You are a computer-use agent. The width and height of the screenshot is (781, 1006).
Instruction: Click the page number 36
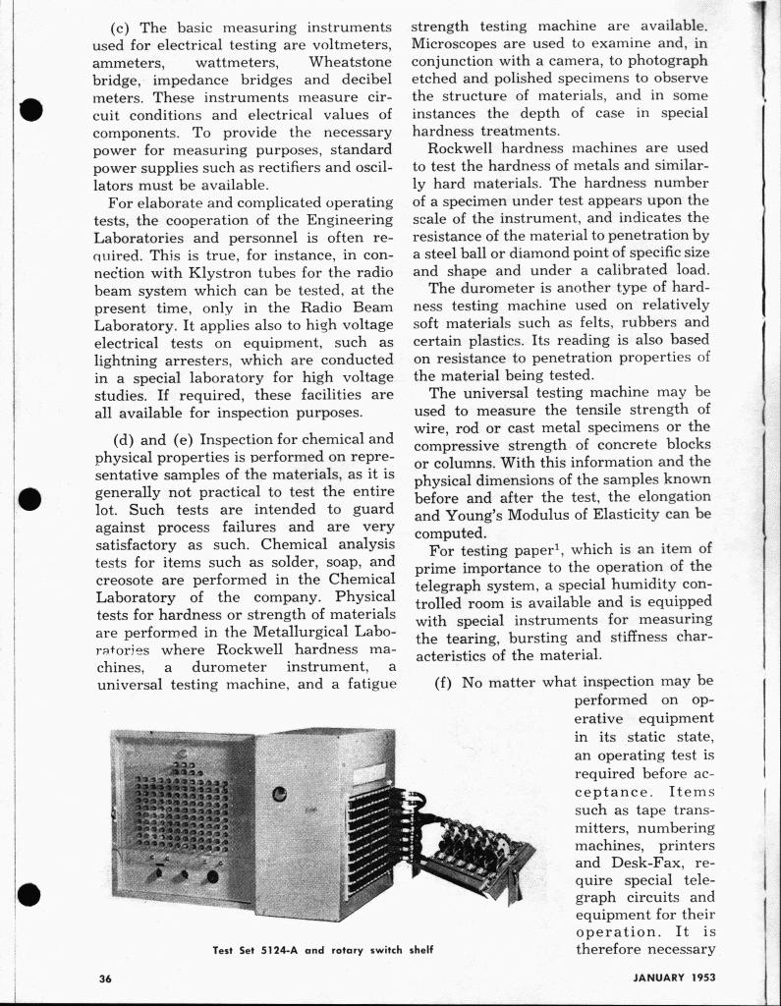pos(105,978)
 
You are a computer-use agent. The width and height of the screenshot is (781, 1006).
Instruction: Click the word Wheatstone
pos(351,62)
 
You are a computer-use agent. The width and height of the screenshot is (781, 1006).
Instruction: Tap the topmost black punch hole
pos(31,109)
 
